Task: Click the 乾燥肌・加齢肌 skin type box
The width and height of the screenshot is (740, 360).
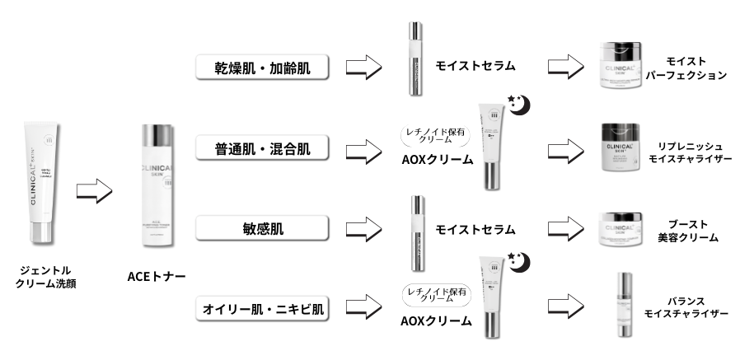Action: pos(262,67)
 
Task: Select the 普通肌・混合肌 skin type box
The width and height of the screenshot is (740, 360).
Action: pos(262,148)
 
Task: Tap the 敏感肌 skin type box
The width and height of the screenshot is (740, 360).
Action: pos(262,228)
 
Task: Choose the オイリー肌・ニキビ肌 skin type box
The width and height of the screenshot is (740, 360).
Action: pos(262,310)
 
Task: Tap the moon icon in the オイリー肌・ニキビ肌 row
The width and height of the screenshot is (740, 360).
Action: pos(522,263)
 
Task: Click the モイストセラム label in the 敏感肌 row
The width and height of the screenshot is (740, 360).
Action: pos(475,229)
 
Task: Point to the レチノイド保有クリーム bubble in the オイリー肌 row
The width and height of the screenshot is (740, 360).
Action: pos(434,294)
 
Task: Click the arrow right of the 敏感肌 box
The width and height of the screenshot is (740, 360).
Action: pos(363,229)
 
